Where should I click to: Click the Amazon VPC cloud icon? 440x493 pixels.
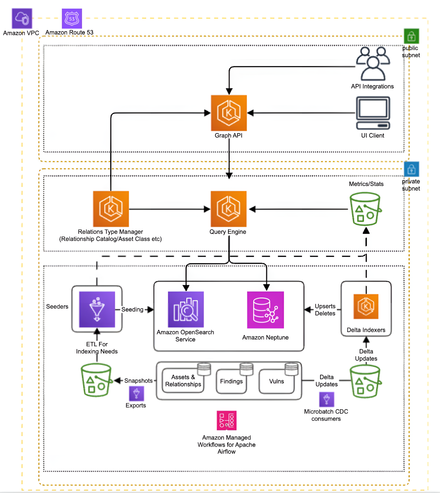[x=22, y=19]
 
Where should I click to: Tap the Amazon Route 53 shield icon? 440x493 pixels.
[x=72, y=19]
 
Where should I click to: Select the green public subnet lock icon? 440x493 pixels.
[x=411, y=36]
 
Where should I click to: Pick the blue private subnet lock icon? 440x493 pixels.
[x=411, y=169]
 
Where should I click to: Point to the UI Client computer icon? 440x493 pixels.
[x=373, y=113]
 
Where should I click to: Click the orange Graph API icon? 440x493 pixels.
[x=229, y=113]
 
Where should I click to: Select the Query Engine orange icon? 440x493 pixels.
[x=228, y=209]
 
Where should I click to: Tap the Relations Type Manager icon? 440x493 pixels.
[x=111, y=209]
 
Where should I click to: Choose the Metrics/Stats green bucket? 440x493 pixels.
[x=365, y=209]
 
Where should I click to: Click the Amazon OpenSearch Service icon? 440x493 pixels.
[x=186, y=310]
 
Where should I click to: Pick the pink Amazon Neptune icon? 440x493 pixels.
[x=265, y=310]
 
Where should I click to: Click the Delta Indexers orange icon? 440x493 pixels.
[x=366, y=306]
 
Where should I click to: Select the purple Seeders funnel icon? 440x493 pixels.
[x=97, y=309]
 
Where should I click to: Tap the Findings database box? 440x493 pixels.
[x=231, y=381]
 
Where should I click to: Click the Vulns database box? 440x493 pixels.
[x=276, y=381]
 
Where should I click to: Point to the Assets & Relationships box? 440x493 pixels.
[x=183, y=381]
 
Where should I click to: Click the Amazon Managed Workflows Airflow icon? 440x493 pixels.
[x=226, y=420]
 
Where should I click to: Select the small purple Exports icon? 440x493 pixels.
[x=136, y=394]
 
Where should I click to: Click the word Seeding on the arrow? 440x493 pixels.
[x=132, y=310]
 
